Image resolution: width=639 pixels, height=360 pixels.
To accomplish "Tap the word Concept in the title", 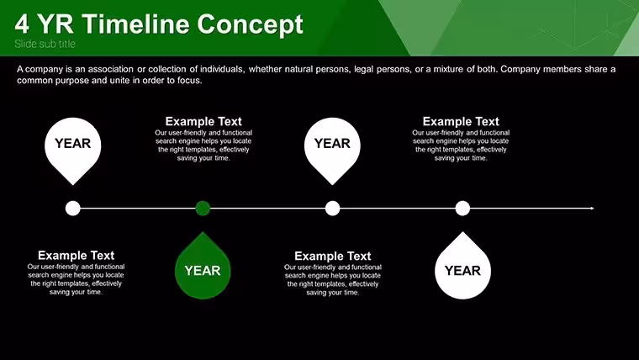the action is point(251,25).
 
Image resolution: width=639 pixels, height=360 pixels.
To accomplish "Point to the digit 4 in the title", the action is point(22,24).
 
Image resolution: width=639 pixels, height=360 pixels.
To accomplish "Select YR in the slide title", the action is point(55,24).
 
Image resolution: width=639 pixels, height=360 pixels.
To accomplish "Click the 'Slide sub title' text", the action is point(45,44).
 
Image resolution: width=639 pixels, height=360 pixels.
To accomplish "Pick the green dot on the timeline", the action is point(203,209).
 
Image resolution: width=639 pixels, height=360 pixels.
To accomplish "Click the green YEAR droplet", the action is point(203,266).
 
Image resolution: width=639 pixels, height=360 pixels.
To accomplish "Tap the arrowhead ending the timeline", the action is point(592,209).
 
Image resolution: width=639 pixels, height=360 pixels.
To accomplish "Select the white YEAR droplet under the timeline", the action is point(462,266).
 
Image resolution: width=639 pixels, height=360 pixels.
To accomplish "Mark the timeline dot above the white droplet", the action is point(462,209).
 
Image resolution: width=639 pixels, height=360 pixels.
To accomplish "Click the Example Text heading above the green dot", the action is point(203,121).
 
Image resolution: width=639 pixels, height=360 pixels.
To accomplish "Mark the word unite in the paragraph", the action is point(119,80).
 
